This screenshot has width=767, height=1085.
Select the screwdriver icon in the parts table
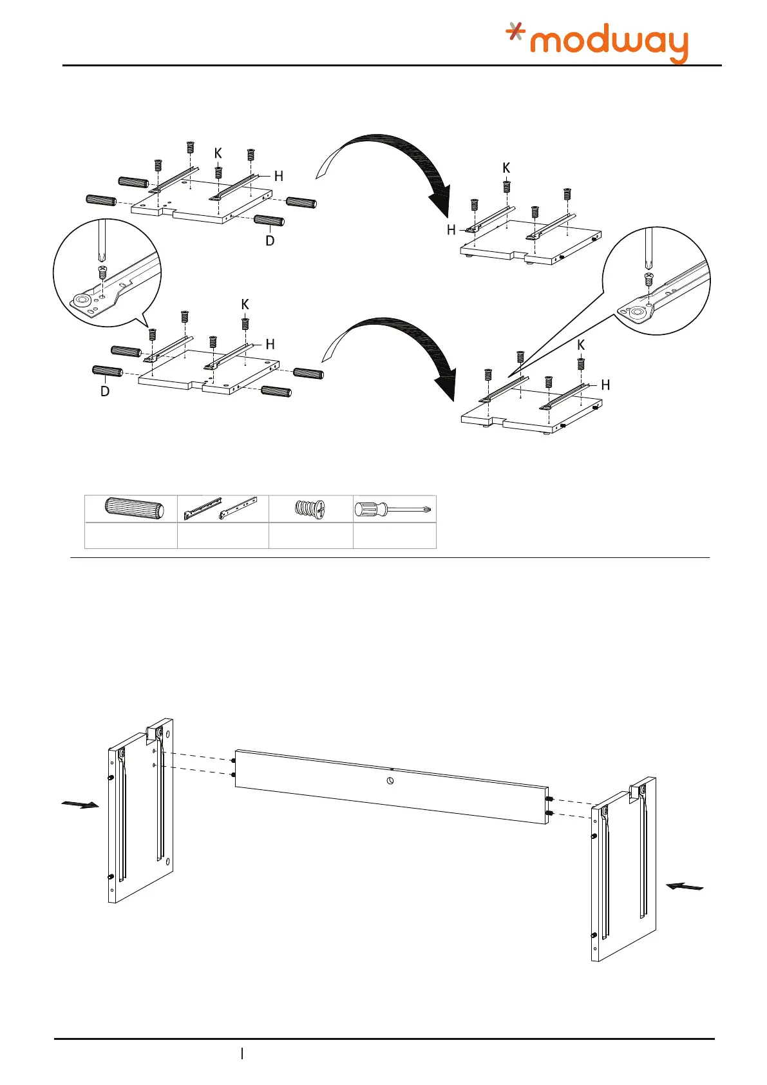click(x=394, y=510)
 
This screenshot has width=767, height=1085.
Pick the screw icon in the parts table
click(x=310, y=508)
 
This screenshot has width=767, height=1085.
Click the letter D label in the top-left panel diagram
click(x=270, y=241)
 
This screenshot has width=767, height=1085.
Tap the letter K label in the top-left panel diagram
click(x=218, y=153)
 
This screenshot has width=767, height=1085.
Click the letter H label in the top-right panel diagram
click(x=451, y=230)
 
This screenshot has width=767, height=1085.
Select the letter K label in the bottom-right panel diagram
click(x=581, y=345)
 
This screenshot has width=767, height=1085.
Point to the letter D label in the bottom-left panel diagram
click(x=105, y=391)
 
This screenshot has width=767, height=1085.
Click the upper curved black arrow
click(x=399, y=168)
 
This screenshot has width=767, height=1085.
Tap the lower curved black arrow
click(x=402, y=351)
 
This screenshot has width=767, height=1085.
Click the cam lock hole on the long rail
click(x=390, y=781)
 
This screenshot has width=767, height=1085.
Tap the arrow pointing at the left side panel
click(x=80, y=804)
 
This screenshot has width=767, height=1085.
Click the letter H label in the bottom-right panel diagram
click(x=605, y=385)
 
